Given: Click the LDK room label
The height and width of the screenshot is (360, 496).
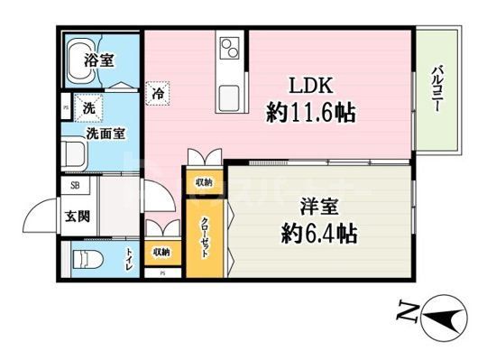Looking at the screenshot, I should click(311, 86).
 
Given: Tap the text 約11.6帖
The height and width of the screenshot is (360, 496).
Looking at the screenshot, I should click(310, 113).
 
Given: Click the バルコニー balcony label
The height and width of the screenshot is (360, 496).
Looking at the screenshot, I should click(436, 88).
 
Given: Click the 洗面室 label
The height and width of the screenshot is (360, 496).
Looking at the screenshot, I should click(105, 133).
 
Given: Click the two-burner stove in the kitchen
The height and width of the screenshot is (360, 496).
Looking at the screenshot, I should click(228, 49).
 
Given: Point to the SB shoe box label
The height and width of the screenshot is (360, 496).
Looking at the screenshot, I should click(74, 188).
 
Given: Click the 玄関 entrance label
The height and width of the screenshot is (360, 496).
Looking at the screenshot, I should click(75, 217).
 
